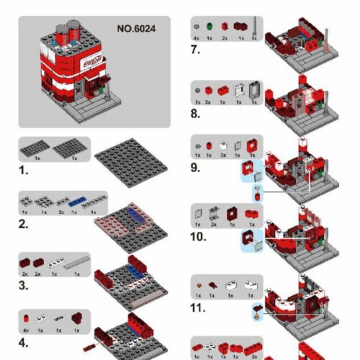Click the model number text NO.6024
pos(136,30)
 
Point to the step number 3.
pos(24,285)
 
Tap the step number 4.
pos(24,342)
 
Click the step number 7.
pos(195,50)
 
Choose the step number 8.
pos(195,113)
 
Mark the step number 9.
pos(195,168)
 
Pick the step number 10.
pos(198,235)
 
